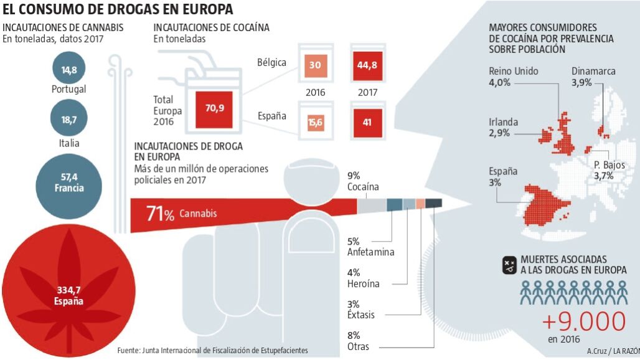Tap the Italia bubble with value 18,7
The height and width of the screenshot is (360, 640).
point(69,120)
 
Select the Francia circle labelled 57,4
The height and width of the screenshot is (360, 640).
point(68,182)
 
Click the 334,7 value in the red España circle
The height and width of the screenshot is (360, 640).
point(68,290)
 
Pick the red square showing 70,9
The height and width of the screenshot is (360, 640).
point(214,108)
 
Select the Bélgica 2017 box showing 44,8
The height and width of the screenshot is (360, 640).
point(367,65)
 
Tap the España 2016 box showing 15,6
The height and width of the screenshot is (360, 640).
point(315,123)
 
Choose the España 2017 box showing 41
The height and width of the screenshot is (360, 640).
point(367,122)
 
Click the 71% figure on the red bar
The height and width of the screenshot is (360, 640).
point(160,214)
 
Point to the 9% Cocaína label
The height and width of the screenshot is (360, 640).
point(363,181)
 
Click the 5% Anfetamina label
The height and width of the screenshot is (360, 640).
point(371,247)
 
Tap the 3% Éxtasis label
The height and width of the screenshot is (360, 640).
point(361,310)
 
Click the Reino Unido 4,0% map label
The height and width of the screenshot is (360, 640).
point(514,77)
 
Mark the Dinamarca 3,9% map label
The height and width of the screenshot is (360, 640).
point(593,77)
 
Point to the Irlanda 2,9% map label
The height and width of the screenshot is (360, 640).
point(504,128)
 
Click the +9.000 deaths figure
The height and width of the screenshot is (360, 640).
point(583,321)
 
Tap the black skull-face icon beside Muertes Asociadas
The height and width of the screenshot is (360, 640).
point(509,266)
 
